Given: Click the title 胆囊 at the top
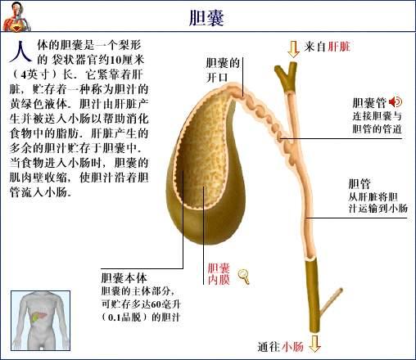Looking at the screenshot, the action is tap(206, 18).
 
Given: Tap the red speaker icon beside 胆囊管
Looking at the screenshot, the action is tap(396, 102).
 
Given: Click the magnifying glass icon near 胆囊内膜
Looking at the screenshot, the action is tap(243, 277).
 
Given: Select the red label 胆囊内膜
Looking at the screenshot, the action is tap(219, 274).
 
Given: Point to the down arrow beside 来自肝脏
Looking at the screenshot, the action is tap(293, 49).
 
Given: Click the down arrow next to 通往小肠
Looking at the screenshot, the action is tap(315, 344).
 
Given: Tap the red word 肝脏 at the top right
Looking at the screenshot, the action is tap(339, 47).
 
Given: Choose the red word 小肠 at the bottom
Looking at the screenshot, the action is tap(292, 347).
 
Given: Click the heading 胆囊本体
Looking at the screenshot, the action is tap(124, 278).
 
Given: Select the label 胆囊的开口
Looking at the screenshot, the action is tap(223, 70).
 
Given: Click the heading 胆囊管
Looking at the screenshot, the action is tap(369, 103).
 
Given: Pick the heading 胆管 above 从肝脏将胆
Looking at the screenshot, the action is tap(359, 184).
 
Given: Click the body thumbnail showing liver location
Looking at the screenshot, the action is tap(41, 321).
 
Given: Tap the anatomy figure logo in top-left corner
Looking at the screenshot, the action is tap(16, 16).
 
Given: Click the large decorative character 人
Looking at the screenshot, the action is tap(20, 52).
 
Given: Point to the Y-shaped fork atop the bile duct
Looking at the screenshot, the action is tap(287, 76).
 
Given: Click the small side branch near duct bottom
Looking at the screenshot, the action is tap(331, 303).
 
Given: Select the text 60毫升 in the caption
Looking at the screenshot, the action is tap(167, 304).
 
